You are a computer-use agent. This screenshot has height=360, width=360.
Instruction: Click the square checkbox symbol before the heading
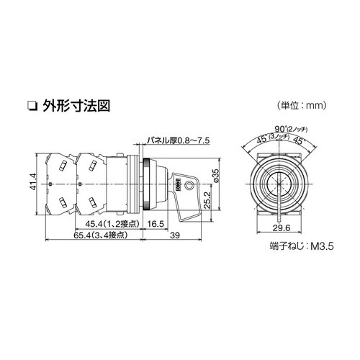click(x=50, y=107)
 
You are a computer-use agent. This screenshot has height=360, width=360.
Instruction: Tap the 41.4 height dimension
click(x=33, y=182)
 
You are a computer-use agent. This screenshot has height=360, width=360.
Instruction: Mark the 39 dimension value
click(x=175, y=235)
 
